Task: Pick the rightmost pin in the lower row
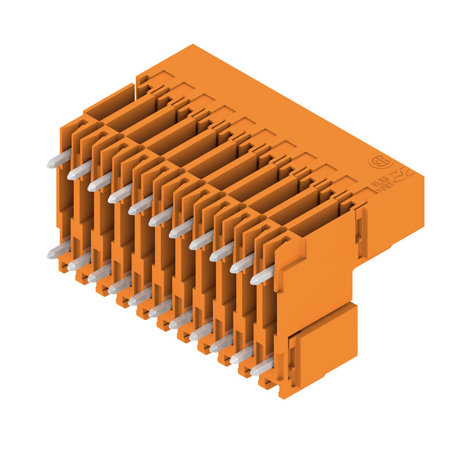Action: [262, 366]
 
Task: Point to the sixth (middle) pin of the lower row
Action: [160, 309]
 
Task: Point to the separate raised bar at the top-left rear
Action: [109, 102]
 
